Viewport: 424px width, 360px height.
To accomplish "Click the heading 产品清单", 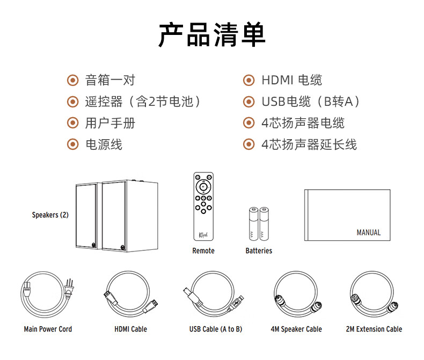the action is click(211, 34).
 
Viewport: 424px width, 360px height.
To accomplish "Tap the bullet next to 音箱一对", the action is click(73, 80).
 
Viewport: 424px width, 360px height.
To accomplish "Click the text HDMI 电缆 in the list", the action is click(292, 80).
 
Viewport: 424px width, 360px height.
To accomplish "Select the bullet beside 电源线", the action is click(73, 145).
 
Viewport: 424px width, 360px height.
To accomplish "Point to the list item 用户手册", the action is click(110, 123).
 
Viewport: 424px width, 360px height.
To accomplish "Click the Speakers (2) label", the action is click(50, 215).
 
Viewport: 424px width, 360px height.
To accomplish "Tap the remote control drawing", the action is click(203, 206).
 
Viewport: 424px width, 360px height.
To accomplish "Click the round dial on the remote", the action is click(203, 187).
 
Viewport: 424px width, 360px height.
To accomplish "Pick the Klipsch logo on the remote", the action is click(203, 235).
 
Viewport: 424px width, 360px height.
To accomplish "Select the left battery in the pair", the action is click(253, 224).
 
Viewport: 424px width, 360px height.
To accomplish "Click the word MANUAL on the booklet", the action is click(369, 233).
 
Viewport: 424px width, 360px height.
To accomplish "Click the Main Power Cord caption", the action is click(48, 329).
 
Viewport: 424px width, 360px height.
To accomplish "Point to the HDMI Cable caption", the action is click(130, 329).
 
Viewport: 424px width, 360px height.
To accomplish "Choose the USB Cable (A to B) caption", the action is click(216, 329).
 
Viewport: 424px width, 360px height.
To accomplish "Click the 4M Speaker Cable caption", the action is click(296, 329).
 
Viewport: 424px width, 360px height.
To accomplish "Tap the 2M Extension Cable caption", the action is click(374, 329).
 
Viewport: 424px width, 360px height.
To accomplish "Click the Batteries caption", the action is click(259, 250).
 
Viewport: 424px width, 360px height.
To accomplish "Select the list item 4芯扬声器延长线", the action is click(309, 145).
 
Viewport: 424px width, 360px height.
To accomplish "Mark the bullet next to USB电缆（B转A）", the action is click(249, 102).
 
